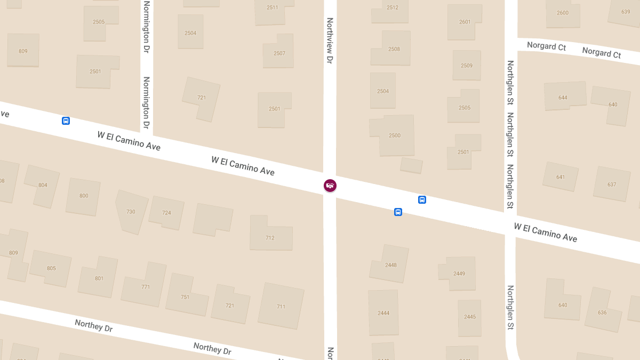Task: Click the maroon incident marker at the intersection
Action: point(330,186)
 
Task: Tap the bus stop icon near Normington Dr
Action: point(66,121)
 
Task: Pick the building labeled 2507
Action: point(279,53)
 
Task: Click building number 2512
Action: point(392,8)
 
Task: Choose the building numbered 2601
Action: point(465,22)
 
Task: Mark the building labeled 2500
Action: point(394,135)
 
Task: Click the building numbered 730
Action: point(130,212)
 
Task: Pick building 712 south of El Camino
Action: point(270,237)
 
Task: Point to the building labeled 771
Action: point(145,286)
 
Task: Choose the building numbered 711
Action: point(281,306)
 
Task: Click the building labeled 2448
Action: point(390,265)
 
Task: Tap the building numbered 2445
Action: point(469,317)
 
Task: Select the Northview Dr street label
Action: point(330,41)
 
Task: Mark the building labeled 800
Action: point(83,196)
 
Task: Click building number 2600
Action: point(562,13)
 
